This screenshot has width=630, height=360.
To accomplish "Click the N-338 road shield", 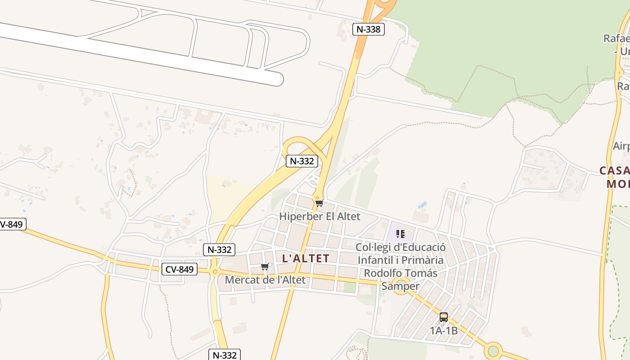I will point(368,30).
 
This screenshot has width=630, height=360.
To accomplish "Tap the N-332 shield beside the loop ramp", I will point(301,161).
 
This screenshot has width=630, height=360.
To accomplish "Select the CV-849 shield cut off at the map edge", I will point(12,224).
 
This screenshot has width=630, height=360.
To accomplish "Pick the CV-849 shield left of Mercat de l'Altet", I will point(180,270).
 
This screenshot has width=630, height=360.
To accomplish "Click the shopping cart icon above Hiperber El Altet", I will point(319,203).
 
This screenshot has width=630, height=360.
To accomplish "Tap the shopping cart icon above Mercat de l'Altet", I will point(265,267).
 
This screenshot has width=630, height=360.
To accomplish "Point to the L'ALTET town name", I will point(306,258).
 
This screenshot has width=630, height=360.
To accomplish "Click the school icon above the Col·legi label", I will point(400,234).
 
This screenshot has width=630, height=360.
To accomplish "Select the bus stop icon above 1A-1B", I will point(444,317).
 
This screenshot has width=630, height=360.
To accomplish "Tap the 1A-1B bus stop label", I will point(444,331).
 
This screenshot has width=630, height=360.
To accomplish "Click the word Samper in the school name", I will point(400,286).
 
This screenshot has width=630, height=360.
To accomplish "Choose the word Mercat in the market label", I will point(241,280).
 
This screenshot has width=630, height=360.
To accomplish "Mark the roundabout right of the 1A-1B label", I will point(494,351).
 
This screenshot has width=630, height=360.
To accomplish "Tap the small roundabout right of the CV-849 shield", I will point(215,271).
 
